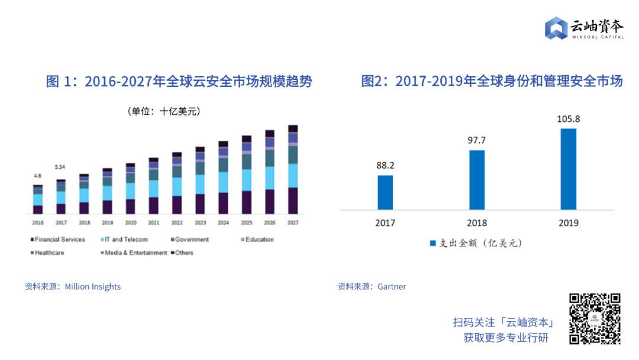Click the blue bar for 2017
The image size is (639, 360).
pyautogui.click(x=385, y=192)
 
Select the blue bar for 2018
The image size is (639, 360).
pyautogui.click(x=477, y=180)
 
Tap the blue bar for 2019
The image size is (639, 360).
pyautogui.click(x=568, y=169)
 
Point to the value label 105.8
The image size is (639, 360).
pyautogui.click(x=568, y=119)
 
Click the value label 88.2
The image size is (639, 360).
pyautogui.click(x=385, y=166)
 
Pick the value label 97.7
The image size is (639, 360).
pyautogui.click(x=477, y=141)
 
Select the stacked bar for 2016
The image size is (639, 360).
pyautogui.click(x=38, y=200)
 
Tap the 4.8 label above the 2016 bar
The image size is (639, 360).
pyautogui.click(x=37, y=176)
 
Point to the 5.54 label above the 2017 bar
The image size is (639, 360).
pyautogui.click(x=60, y=168)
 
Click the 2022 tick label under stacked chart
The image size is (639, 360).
pyautogui.click(x=176, y=223)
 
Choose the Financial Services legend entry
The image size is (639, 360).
pyautogui.click(x=57, y=240)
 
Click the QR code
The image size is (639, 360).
pyautogui.click(x=595, y=319)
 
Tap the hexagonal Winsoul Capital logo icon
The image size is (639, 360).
pyautogui.click(x=556, y=28)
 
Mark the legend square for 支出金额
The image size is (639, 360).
pyautogui.click(x=433, y=243)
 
